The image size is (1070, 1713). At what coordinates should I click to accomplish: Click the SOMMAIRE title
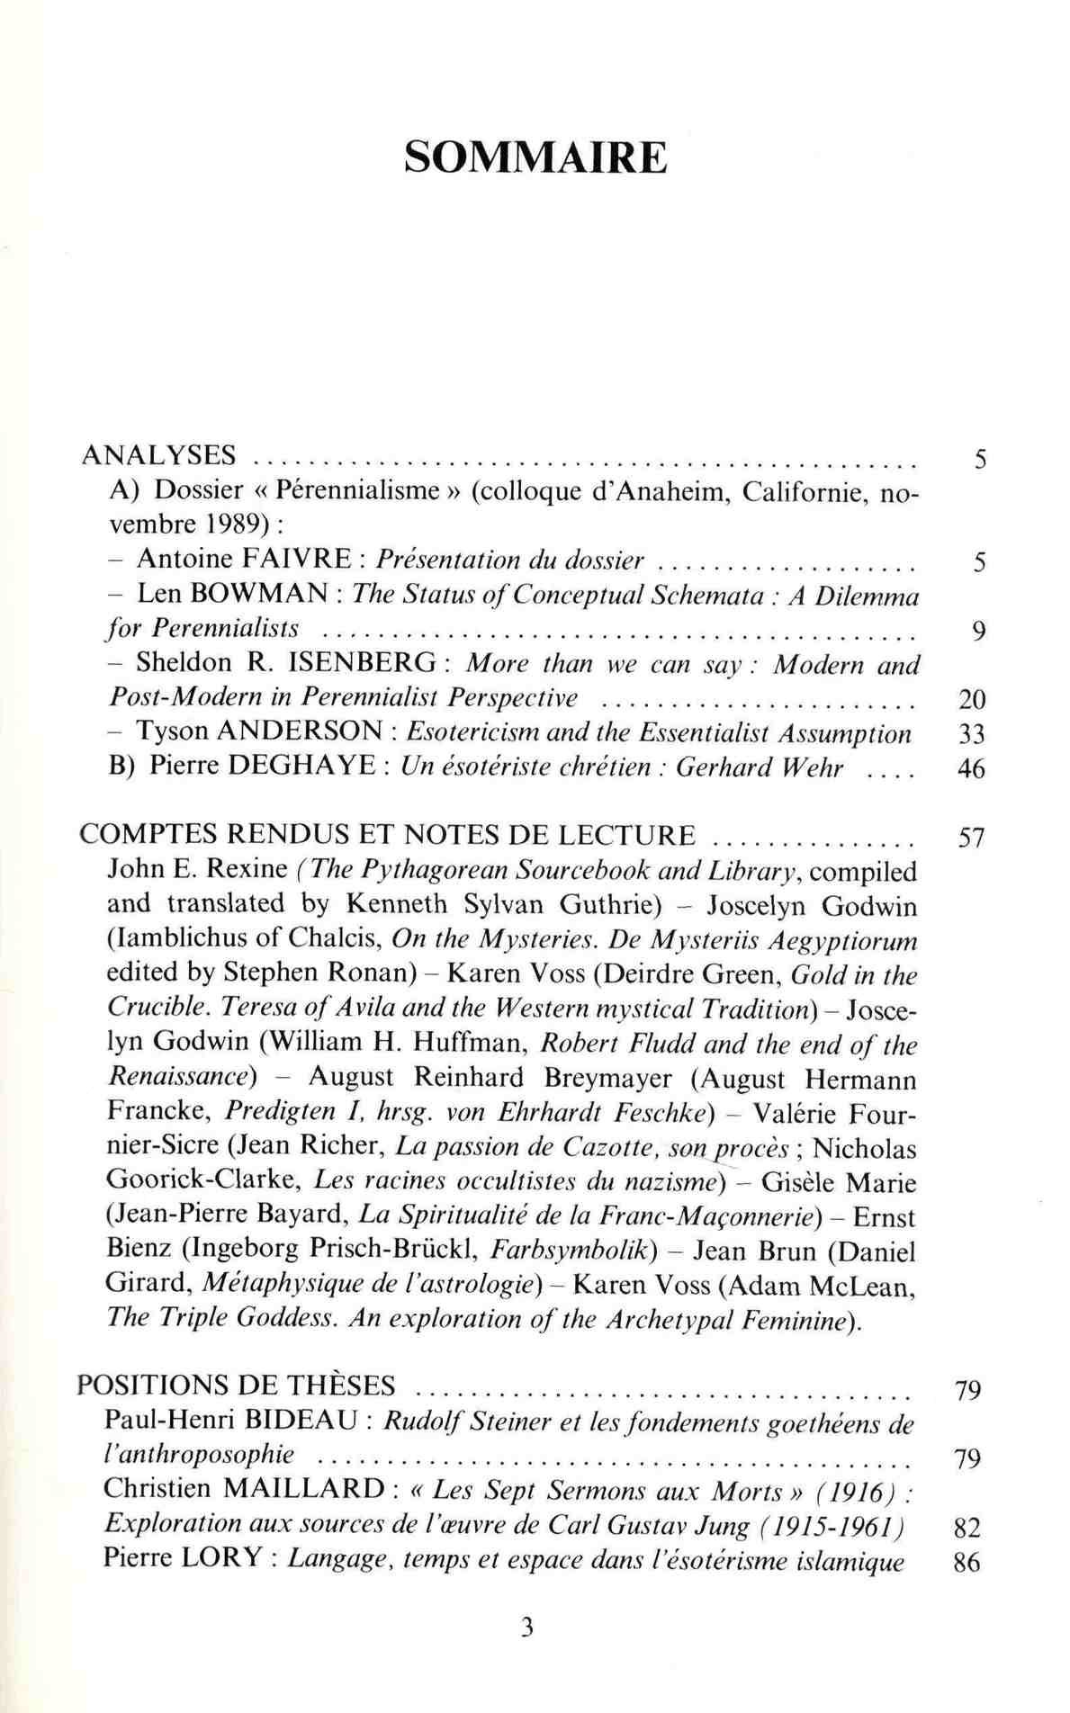(x=535, y=157)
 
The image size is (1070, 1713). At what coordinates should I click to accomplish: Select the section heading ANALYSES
(x=158, y=455)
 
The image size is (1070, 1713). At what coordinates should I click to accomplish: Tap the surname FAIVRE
(x=297, y=560)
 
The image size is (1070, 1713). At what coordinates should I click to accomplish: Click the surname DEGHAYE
(x=307, y=767)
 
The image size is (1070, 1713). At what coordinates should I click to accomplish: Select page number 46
(x=971, y=770)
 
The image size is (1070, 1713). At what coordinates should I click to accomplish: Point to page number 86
(x=966, y=1562)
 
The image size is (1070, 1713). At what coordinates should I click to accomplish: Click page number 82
(x=966, y=1527)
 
